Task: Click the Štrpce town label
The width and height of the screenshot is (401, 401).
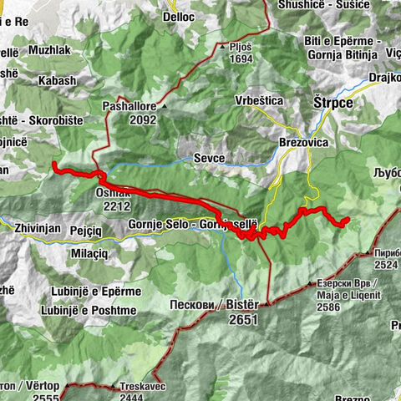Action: tap(334, 102)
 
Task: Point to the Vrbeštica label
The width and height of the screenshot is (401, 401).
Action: tap(258, 100)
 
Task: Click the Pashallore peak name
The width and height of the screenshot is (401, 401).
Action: tap(127, 107)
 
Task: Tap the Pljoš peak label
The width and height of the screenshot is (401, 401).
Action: tap(241, 48)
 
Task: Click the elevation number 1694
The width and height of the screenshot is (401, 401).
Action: tap(240, 60)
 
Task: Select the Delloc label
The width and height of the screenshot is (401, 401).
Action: tap(179, 16)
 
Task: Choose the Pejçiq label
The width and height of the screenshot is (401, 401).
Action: tap(94, 226)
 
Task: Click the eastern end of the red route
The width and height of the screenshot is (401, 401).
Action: tap(345, 220)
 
